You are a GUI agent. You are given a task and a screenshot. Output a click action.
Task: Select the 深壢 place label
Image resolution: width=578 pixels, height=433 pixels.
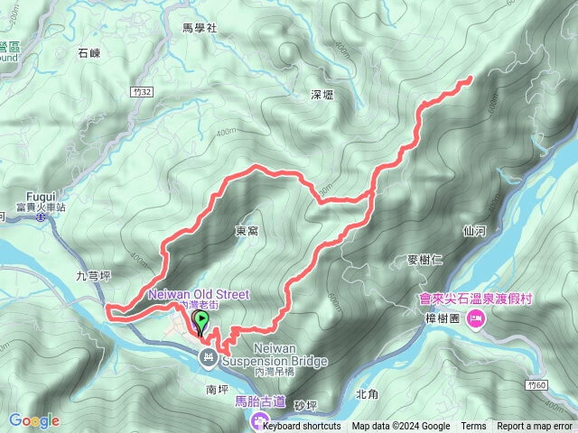(x=322, y=94)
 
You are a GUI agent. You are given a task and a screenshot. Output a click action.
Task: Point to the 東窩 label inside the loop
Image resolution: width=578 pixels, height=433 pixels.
(x=247, y=232)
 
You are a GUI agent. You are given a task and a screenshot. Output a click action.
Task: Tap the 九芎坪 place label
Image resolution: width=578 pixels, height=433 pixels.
(x=93, y=277)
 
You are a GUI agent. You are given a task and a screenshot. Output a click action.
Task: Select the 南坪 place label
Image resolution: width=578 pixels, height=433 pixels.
(x=218, y=390)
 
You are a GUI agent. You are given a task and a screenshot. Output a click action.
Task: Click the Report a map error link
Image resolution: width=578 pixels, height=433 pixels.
(x=535, y=427)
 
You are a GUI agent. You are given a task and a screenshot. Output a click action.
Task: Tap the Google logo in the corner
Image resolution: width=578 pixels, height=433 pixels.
(x=33, y=420)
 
